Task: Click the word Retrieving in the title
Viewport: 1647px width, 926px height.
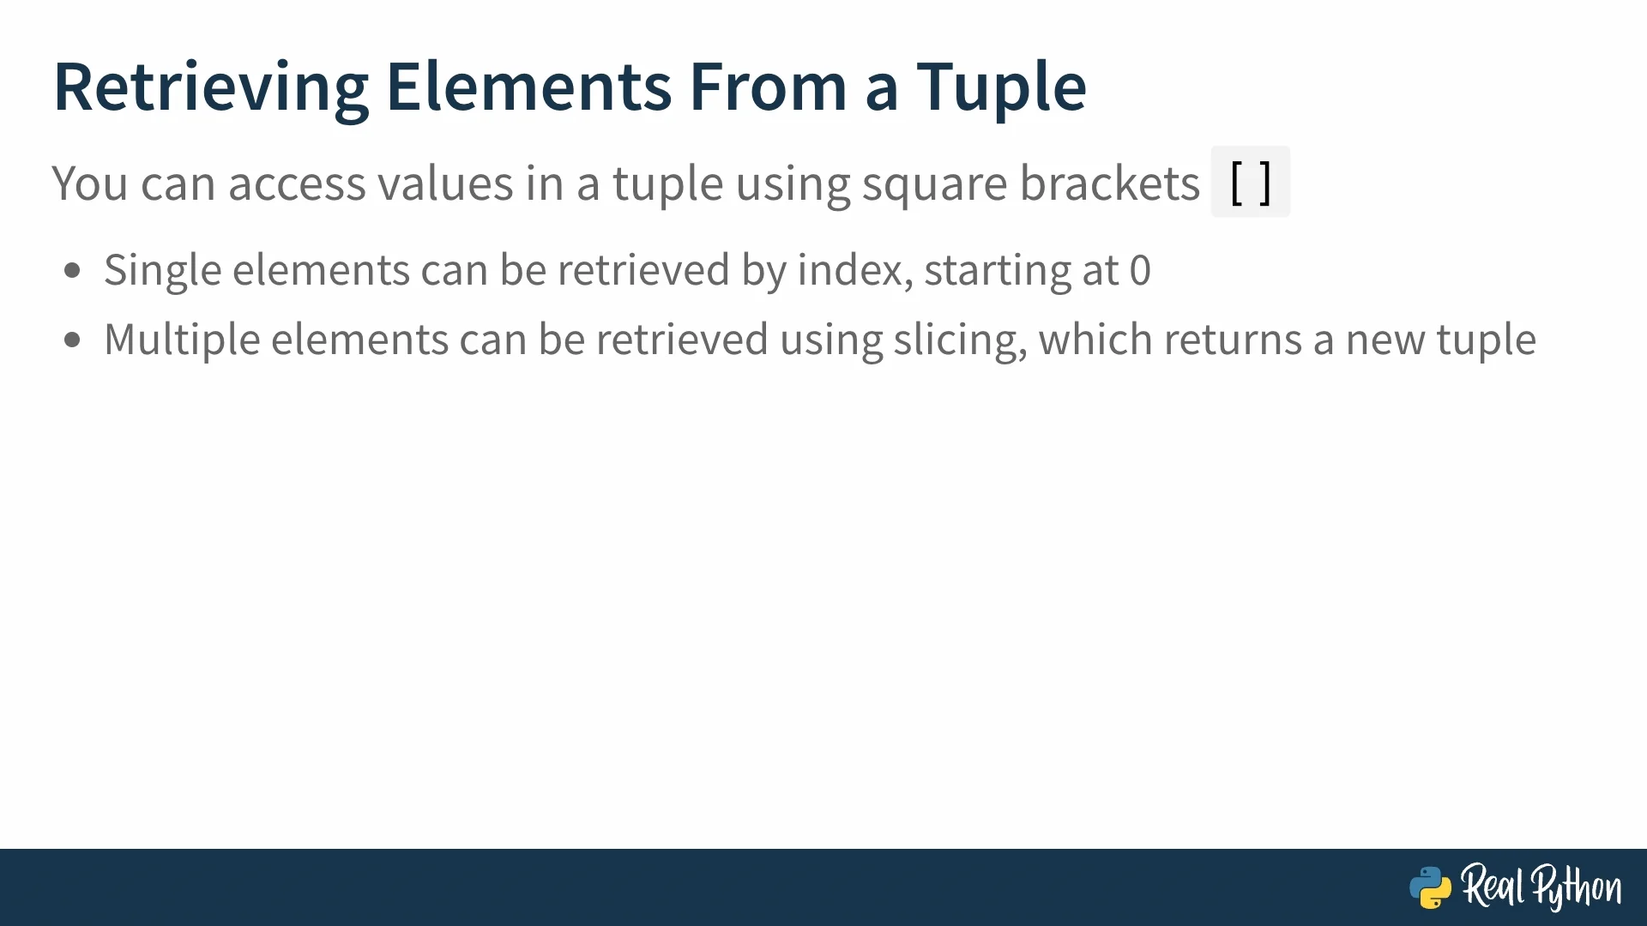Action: (212, 87)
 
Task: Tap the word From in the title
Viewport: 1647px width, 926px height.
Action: (769, 87)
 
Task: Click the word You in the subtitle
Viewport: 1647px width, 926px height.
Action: (90, 183)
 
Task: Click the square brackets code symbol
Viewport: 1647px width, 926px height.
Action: (1250, 182)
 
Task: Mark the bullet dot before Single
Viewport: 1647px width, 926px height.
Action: (72, 271)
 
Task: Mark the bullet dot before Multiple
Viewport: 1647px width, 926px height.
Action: (72, 340)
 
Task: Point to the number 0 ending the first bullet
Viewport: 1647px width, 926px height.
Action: (1140, 271)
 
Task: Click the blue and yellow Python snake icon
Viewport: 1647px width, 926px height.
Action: (1430, 887)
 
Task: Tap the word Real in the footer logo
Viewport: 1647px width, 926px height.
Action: (1493, 885)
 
